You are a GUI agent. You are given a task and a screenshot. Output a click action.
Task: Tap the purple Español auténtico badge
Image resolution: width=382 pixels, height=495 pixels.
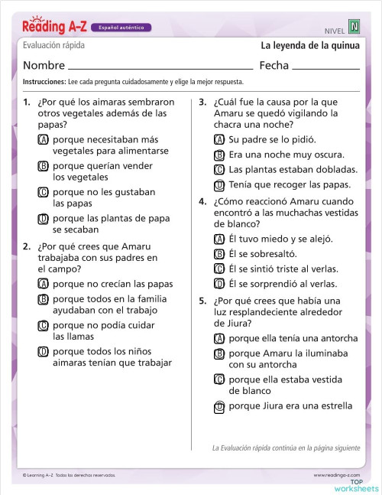pos(120,28)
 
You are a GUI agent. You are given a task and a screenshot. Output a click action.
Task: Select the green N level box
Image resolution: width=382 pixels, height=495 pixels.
pos(354,27)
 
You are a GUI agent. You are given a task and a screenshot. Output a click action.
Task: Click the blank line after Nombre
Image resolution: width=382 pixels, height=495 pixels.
pos(160,67)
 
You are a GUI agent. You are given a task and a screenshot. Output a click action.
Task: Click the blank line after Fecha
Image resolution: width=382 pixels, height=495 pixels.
pos(326,67)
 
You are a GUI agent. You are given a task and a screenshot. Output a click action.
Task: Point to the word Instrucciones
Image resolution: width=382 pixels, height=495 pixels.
pos(44,81)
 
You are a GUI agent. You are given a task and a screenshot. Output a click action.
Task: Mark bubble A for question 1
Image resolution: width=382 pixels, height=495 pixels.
pos(43,140)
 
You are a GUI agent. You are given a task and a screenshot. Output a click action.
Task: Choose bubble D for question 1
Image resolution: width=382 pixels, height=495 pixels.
pos(43,219)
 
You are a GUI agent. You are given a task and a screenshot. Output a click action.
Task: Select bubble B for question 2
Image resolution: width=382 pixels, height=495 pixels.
pos(43,300)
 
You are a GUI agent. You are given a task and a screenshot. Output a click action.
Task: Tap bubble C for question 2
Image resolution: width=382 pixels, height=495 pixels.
pos(43,326)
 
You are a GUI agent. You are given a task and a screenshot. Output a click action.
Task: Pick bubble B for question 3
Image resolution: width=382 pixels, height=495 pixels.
pos(219,155)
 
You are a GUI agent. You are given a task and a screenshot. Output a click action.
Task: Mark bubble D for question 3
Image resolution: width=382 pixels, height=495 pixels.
pos(219,184)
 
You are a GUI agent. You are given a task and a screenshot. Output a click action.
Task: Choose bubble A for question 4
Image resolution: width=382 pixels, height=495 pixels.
pos(219,239)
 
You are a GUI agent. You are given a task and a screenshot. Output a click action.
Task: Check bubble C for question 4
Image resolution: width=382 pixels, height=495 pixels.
pos(219,269)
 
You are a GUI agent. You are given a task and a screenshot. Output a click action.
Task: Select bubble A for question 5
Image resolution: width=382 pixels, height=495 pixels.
pos(219,338)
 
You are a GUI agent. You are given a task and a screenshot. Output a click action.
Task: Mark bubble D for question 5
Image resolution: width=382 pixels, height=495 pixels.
pos(219,406)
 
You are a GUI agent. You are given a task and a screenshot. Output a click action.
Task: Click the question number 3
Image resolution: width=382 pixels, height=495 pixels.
pos(202,101)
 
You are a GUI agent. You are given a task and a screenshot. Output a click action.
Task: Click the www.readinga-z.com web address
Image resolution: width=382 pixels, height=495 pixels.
pos(336,475)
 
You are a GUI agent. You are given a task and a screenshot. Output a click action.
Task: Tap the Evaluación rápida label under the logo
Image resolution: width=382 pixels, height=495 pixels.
pos(53,46)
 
